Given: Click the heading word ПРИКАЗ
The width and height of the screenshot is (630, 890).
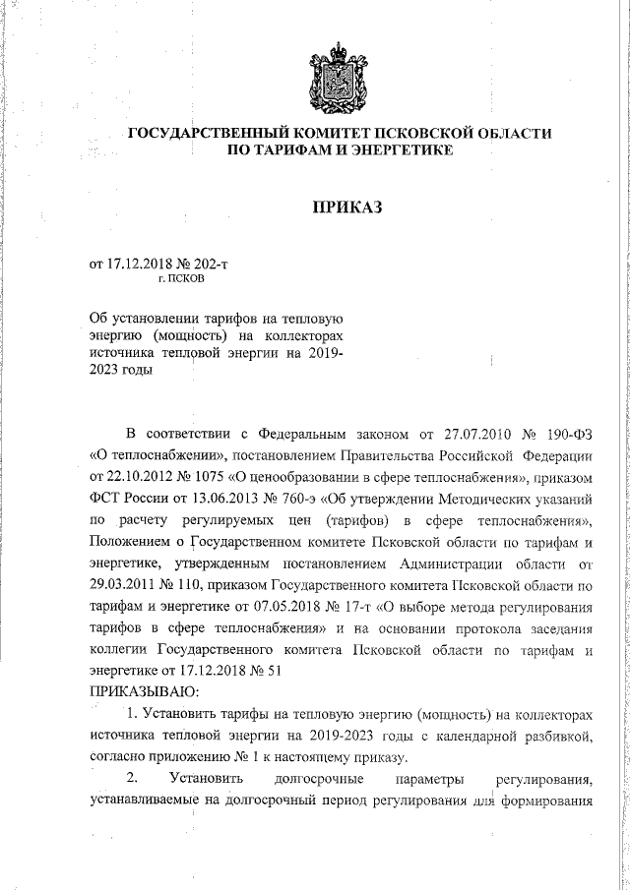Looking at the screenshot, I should (x=345, y=208).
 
